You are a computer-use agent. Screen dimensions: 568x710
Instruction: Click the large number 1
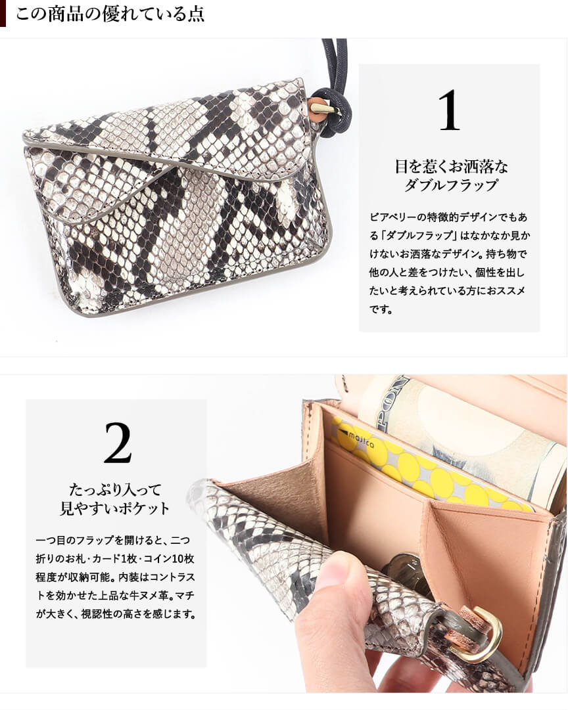pos(449,110)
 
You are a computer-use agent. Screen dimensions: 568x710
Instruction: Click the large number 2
pos(118,443)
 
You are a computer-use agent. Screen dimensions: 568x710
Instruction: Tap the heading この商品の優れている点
pos(110,14)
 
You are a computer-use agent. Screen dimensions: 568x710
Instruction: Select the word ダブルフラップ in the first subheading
pos(451,185)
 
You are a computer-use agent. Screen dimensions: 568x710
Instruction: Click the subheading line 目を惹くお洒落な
pos(451,167)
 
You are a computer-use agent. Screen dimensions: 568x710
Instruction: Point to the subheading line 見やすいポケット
pos(114,508)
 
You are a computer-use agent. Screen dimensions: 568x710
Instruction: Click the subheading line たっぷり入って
pos(115,489)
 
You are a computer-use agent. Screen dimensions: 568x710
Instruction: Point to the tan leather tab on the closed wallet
pos(319,106)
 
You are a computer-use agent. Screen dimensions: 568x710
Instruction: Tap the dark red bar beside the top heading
pos(3,14)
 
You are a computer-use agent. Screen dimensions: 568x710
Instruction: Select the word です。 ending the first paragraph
pos(381,310)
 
